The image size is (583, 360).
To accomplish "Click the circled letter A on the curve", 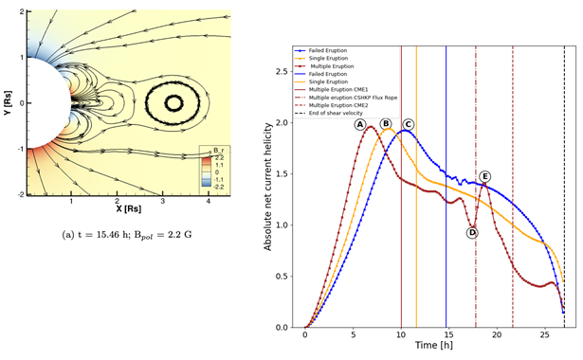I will pos(360,124).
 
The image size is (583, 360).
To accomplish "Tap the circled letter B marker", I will pos(386,124).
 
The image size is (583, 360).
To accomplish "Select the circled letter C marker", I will pos(409,124).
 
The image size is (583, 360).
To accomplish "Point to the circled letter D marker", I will pos(472,233).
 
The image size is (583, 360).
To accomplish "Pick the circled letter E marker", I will pos(485,177).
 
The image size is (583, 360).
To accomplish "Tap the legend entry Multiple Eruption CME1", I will pos(348,90).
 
